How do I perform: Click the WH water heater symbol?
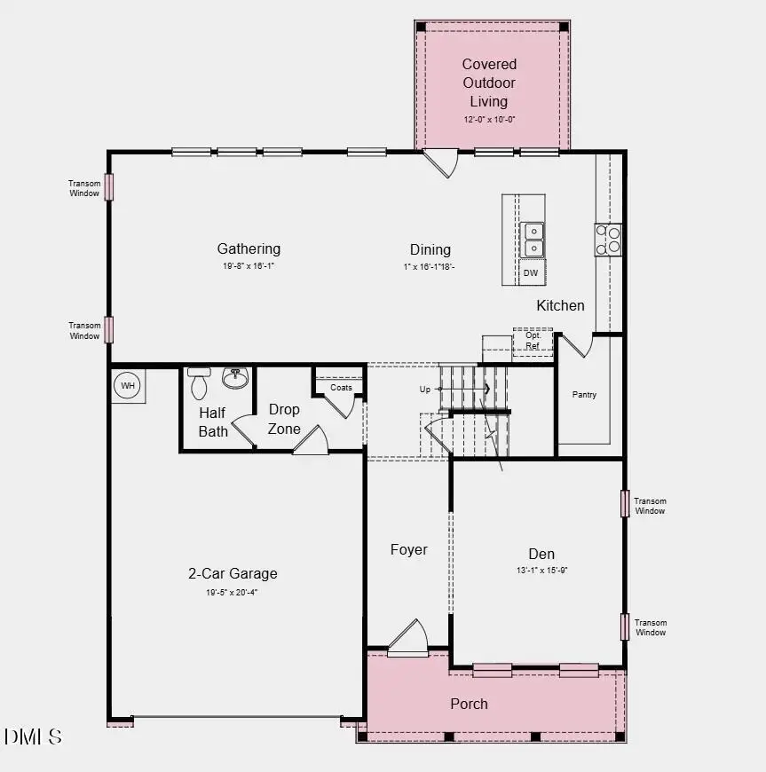coord(128,386)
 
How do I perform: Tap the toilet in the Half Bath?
coord(199,383)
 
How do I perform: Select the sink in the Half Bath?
coord(235,379)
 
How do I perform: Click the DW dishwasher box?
coord(531,272)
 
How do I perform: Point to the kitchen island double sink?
coord(533,239)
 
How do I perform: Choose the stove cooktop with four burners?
coord(608,240)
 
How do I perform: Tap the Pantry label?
coord(584,395)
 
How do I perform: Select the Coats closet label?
coord(341,388)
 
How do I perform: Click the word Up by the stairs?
coord(425,390)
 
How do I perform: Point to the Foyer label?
coord(409,550)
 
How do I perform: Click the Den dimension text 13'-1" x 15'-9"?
coord(541,571)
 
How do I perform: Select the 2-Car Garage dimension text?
coord(233,592)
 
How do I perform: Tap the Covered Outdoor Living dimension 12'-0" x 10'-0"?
coord(489,119)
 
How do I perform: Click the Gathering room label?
coord(249,249)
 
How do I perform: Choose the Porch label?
coord(469,704)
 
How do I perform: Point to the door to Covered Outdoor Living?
coord(439,163)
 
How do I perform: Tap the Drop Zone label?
coord(284,419)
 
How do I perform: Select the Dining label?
coord(430,250)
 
